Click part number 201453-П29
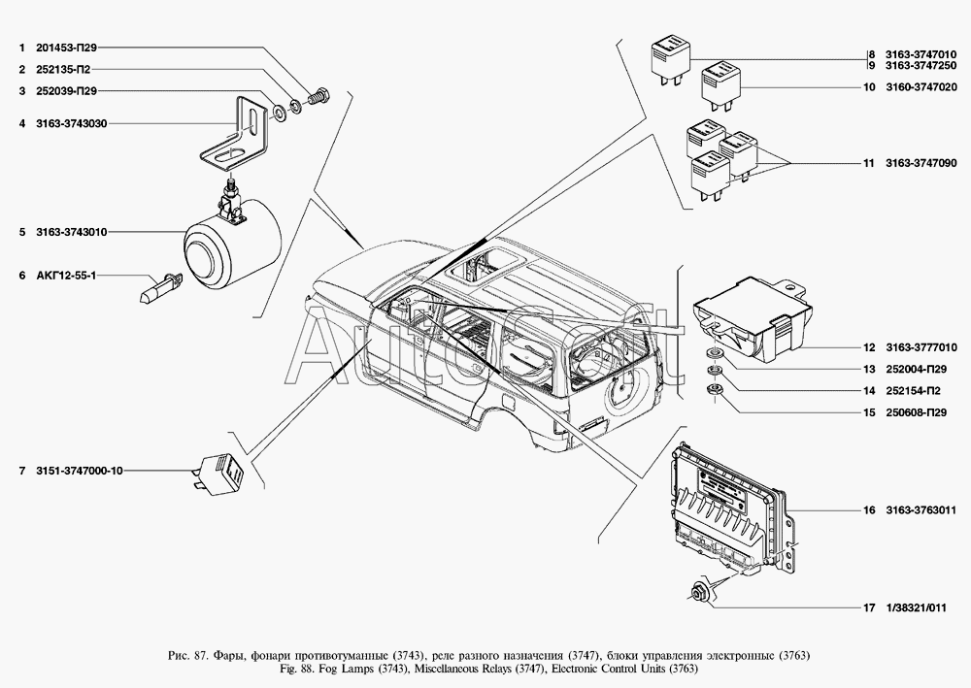67,48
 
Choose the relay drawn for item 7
221,472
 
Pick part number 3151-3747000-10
80,471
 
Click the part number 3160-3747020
921,87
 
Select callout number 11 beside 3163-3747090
869,164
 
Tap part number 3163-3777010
921,347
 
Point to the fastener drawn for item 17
697,593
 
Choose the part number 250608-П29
916,412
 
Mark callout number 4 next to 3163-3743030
22,124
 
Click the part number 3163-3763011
921,510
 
